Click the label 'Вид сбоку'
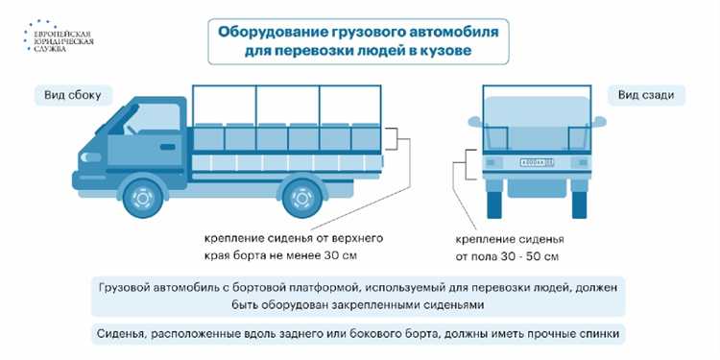point(72,95)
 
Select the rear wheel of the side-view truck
point(305,198)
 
